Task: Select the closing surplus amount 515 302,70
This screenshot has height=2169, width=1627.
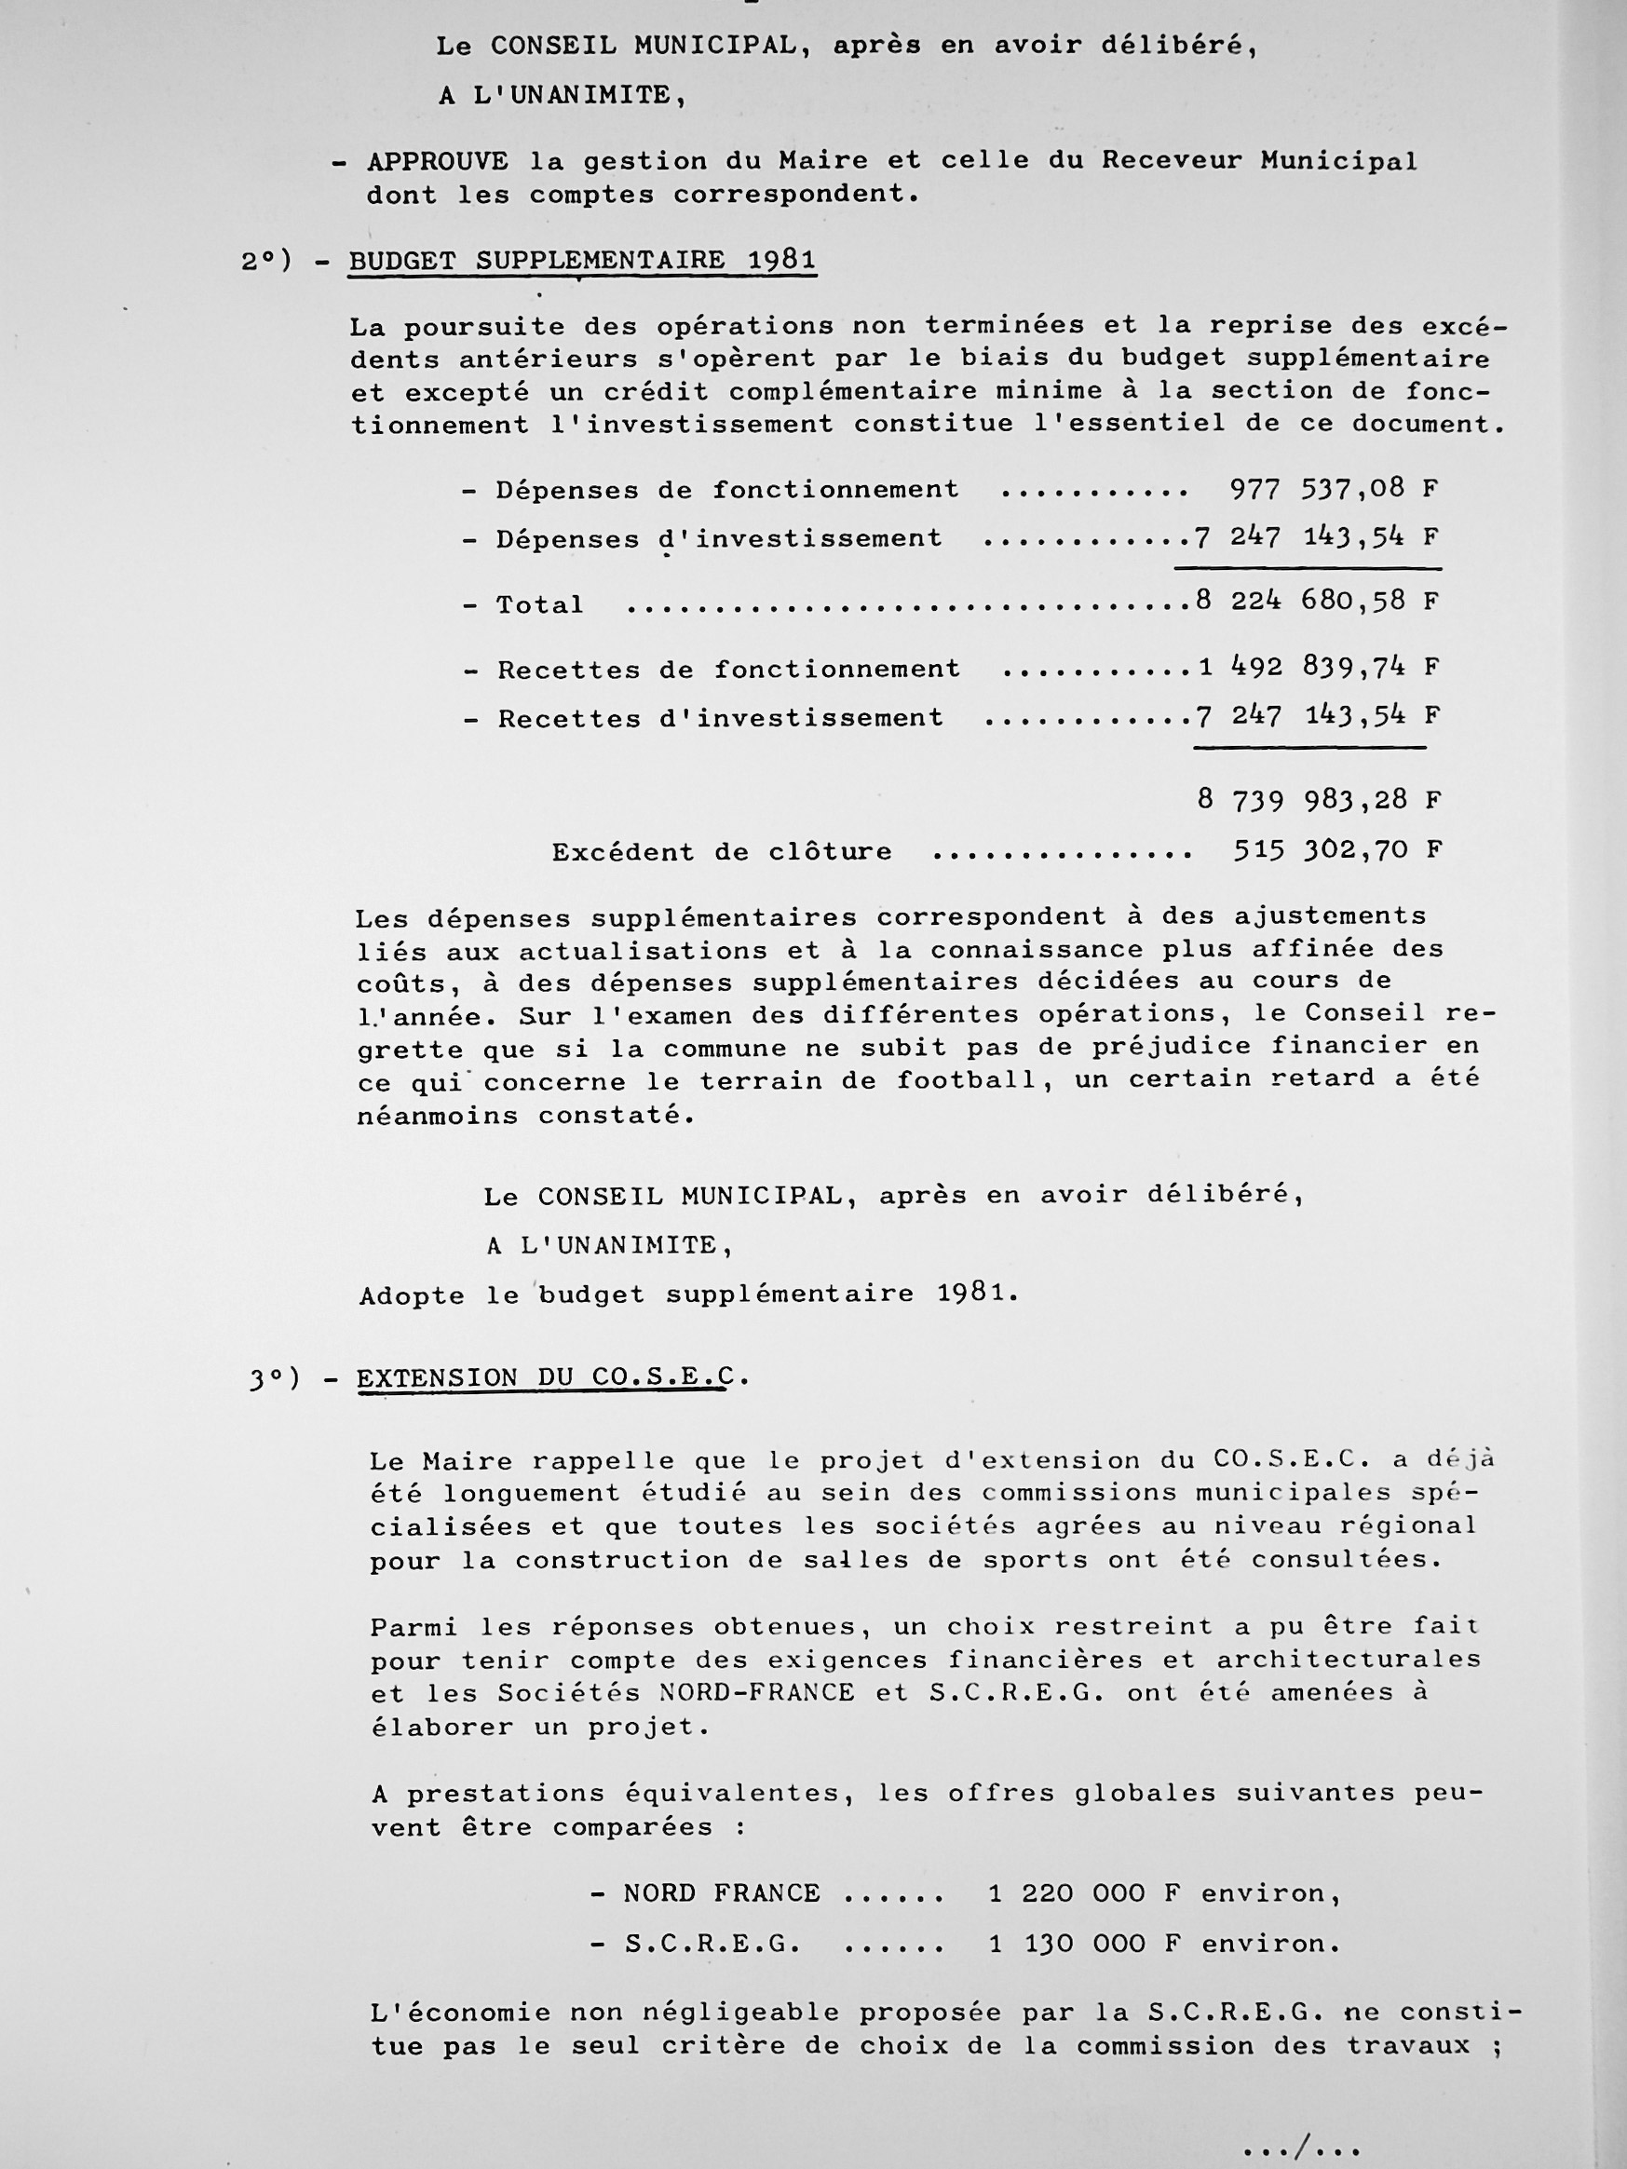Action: click(1336, 850)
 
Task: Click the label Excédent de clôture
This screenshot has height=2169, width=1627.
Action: click(722, 852)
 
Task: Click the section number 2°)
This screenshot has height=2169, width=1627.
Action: click(266, 262)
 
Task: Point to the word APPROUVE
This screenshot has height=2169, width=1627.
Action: click(438, 162)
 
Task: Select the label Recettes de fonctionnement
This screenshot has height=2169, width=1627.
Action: click(728, 671)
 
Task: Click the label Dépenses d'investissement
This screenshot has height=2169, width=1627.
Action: click(718, 539)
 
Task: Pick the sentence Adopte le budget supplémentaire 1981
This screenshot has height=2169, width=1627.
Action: click(689, 1295)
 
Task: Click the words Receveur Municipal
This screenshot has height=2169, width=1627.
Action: click(1259, 161)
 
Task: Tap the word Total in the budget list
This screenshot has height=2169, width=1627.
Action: click(539, 605)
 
